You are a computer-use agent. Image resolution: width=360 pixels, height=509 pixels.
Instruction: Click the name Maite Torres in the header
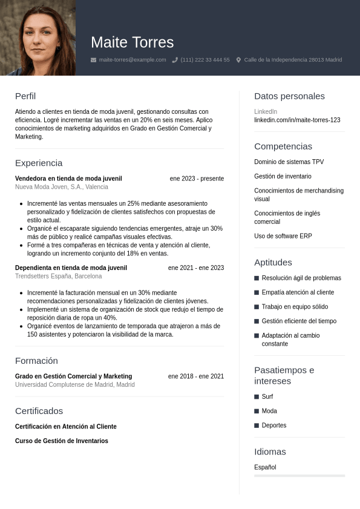coord(132,42)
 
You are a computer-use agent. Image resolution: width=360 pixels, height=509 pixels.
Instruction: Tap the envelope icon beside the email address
coord(93,60)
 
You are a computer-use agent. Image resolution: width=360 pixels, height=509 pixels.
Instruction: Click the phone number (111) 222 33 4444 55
coord(205,60)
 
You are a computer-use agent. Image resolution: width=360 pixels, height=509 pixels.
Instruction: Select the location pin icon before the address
coord(238,60)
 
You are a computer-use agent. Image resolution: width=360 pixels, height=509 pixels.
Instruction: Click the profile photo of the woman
coord(38,38)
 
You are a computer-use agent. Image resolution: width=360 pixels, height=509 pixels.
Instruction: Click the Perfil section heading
coord(25,96)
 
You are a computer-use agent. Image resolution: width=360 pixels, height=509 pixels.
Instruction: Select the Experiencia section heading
coord(39,163)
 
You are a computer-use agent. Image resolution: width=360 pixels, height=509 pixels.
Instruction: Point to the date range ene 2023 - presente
coord(197,179)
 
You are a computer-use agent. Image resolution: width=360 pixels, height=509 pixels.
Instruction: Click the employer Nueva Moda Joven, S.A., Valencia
coord(62,187)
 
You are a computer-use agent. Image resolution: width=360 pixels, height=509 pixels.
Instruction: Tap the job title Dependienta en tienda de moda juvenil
coord(71,268)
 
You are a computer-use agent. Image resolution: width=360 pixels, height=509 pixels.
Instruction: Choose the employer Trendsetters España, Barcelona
coord(58,276)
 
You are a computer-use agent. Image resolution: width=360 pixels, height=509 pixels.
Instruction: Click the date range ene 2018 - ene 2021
coord(196,376)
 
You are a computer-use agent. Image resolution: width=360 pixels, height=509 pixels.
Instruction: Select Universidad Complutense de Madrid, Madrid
coord(74,384)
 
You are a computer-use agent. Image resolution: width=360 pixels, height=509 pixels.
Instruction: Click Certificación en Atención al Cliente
coord(66,427)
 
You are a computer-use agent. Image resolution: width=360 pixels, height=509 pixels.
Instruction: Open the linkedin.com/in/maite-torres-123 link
coord(297,120)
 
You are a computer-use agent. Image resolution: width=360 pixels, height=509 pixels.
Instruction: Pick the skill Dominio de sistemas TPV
coord(289,162)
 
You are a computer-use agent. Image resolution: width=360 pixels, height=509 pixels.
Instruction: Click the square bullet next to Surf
coord(257,397)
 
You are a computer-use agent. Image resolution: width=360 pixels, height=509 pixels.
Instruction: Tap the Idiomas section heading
coord(270,452)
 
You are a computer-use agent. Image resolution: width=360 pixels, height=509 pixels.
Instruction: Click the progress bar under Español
coord(299,476)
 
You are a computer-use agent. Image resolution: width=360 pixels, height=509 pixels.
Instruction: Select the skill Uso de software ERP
coord(283,236)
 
